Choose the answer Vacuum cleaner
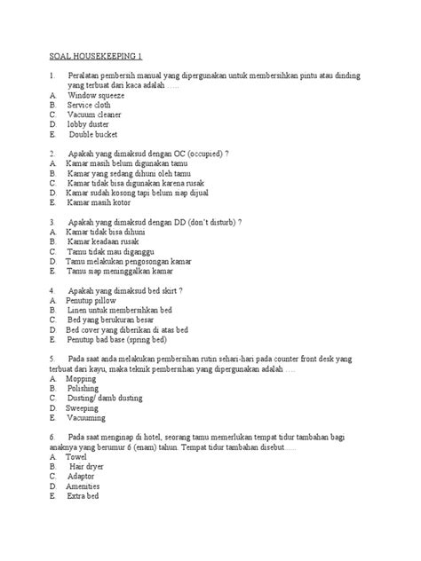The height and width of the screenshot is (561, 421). pyautogui.click(x=97, y=115)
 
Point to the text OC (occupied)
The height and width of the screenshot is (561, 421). pyautogui.click(x=201, y=154)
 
